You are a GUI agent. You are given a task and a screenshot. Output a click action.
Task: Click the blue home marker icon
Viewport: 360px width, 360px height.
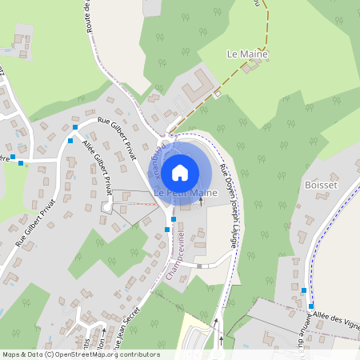(x=180, y=171)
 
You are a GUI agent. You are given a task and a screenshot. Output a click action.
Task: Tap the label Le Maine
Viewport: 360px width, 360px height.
(x=247, y=54)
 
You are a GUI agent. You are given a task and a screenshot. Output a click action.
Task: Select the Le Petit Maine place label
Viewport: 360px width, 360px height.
(x=186, y=194)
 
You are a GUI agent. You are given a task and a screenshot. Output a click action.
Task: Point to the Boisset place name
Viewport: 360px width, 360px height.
(x=321, y=185)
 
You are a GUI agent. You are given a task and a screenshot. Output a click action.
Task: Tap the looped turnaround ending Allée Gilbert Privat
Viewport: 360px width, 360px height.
(x=106, y=207)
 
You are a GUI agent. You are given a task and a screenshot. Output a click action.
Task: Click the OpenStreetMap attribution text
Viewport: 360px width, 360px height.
(x=80, y=354)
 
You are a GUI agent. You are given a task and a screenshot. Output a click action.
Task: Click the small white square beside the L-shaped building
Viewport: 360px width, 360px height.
(x=217, y=94)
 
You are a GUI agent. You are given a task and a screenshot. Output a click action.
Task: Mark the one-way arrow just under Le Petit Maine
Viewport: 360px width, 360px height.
(x=200, y=204)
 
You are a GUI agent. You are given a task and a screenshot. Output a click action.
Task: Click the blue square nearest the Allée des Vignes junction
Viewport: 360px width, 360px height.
(x=310, y=306)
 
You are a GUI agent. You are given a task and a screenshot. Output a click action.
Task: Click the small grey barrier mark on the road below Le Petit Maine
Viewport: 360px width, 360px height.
(x=199, y=265)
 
